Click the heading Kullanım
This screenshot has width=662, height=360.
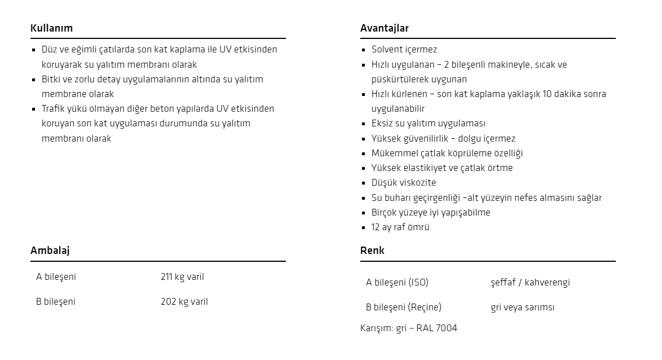[x=51, y=28]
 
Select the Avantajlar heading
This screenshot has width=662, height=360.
[x=385, y=28]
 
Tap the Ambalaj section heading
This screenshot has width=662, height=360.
[x=50, y=251]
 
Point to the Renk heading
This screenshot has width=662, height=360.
[x=372, y=251]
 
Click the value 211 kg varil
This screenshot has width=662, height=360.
[x=182, y=277]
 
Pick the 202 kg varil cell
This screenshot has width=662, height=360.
[x=184, y=302]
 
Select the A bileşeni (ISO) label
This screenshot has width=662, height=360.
[x=397, y=283]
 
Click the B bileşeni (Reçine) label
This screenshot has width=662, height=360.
[x=403, y=308]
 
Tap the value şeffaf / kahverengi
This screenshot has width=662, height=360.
[x=530, y=283]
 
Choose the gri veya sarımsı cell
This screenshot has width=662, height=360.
[x=523, y=308]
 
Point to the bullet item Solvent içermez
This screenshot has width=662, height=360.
[x=404, y=50]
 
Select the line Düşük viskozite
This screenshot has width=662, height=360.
[x=403, y=183]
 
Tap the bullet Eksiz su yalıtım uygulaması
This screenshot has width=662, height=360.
[x=428, y=124]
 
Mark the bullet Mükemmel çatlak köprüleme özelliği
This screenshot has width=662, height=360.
[x=447, y=153]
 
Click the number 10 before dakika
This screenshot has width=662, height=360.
[x=547, y=94]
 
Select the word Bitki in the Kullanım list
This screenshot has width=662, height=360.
[x=52, y=80]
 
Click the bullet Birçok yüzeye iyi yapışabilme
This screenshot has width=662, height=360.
[x=430, y=213]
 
